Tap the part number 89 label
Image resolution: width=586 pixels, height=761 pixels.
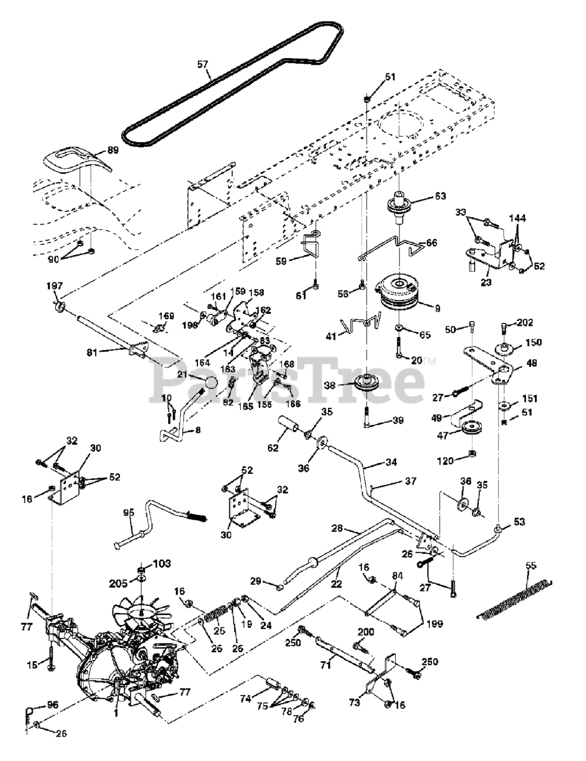click(x=113, y=151)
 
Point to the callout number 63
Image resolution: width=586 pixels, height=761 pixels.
click(x=440, y=196)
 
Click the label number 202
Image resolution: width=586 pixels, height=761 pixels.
click(x=525, y=323)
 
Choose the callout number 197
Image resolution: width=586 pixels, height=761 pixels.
click(x=55, y=287)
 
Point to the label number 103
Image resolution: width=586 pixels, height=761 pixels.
click(x=162, y=563)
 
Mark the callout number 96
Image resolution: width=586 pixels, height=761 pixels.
click(x=52, y=706)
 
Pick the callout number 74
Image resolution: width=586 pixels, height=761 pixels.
click(x=245, y=699)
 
